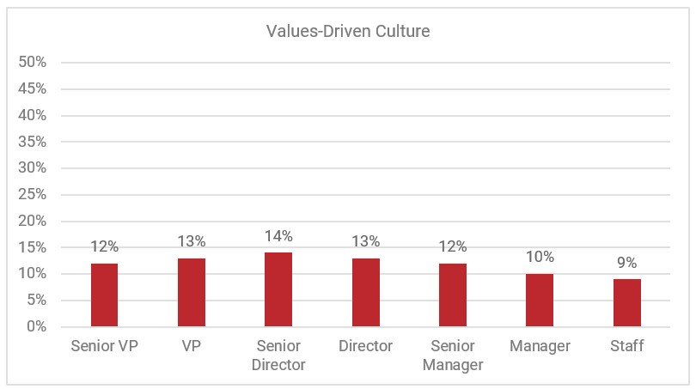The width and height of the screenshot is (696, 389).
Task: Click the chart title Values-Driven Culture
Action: pos(348,33)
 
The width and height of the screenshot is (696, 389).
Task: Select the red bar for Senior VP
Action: pos(104,295)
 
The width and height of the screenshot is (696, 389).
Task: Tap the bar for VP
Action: pos(192,292)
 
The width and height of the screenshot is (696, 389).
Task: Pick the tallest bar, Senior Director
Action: pos(278,289)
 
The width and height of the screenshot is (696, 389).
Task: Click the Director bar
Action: pos(366,292)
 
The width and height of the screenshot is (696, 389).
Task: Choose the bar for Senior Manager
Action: pos(453,295)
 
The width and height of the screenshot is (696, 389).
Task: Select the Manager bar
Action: pos(540,300)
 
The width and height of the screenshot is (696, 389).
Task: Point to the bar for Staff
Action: pos(627,302)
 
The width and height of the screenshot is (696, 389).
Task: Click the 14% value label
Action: pos(278,236)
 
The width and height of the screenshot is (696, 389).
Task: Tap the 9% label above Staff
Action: pos(627,263)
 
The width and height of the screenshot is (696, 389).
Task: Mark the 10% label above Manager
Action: pos(540,258)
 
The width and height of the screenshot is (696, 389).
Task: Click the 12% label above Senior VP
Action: pos(104,247)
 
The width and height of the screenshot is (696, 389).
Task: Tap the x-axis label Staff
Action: pos(627,346)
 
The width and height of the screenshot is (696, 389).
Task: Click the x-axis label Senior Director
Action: pos(278,356)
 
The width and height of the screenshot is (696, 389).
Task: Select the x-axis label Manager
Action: pos(540,346)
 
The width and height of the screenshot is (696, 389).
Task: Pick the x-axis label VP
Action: pos(192,346)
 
